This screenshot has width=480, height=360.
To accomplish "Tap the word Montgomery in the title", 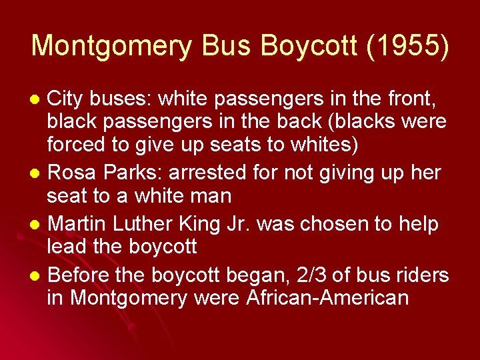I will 111,46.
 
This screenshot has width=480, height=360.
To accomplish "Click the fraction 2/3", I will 309,275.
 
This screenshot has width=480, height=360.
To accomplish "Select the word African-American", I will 327,297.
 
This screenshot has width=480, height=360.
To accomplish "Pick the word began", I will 259,275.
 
